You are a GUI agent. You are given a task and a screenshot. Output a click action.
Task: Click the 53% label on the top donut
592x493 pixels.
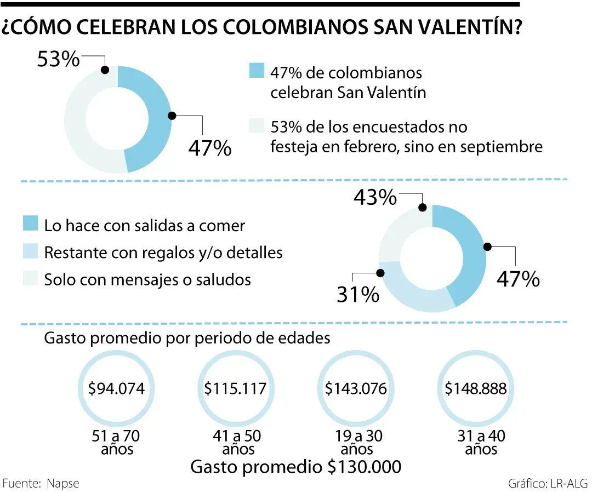pyautogui.click(x=58, y=59)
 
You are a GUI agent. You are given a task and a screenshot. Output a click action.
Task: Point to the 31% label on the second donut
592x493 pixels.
pyautogui.click(x=358, y=295)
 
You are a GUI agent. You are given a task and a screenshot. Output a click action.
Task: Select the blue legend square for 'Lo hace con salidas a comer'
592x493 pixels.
pyautogui.click(x=31, y=225)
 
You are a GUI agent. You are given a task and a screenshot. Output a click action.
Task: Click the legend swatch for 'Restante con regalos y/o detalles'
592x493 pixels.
pyautogui.click(x=31, y=252)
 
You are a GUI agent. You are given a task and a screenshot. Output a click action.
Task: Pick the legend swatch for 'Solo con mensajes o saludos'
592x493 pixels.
pyautogui.click(x=31, y=279)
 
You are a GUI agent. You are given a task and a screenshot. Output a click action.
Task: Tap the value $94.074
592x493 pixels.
pyautogui.click(x=117, y=389)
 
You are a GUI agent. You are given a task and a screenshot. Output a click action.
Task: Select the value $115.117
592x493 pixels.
pyautogui.click(x=235, y=389)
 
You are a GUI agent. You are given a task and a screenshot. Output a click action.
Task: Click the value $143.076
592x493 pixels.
pyautogui.click(x=356, y=389)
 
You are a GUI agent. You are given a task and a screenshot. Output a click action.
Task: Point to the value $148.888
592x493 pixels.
pyautogui.click(x=475, y=389)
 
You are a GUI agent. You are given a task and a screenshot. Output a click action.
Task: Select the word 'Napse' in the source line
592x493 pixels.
pyautogui.click(x=63, y=484)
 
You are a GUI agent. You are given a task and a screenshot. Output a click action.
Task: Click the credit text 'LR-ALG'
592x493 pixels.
pyautogui.click(x=567, y=484)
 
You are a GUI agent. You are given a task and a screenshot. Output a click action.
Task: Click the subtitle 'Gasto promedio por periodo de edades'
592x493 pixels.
pyautogui.click(x=187, y=338)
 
